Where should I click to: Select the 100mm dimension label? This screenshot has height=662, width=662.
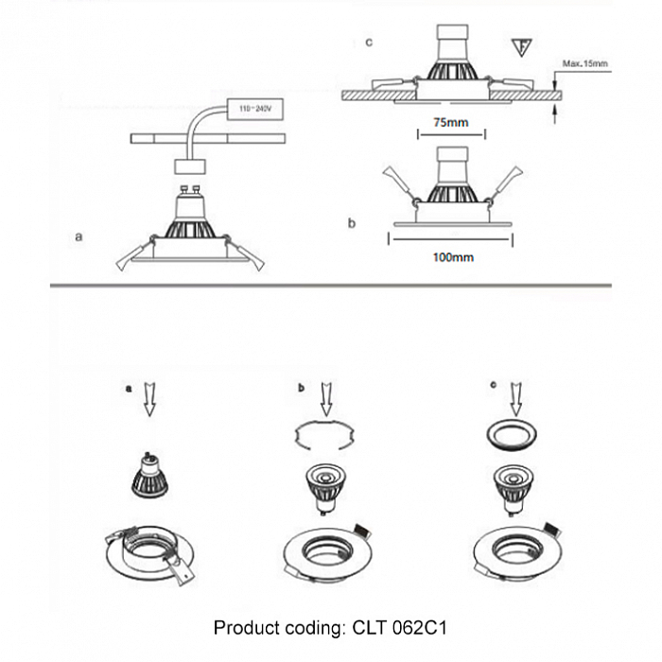click(x=451, y=256)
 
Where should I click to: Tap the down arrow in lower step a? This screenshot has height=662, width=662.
click(x=148, y=400)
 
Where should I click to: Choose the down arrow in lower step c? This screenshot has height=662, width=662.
click(x=514, y=399)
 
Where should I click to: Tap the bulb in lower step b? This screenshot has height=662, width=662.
click(x=324, y=481)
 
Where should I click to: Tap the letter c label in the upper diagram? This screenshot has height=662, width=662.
click(x=369, y=43)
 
